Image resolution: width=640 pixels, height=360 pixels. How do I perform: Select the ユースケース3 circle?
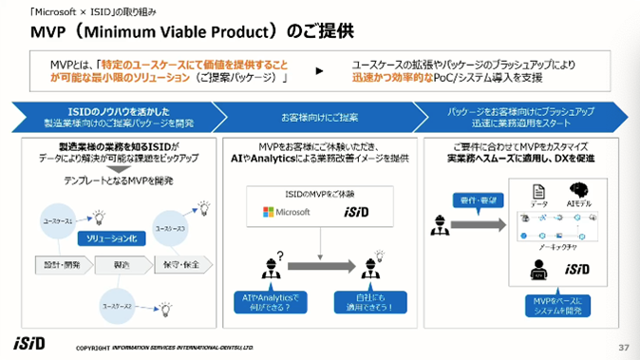(171, 229)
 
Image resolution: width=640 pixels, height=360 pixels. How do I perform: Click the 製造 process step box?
(120, 263)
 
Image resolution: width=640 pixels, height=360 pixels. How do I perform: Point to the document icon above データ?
(536, 189)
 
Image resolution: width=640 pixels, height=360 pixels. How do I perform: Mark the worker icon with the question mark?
(269, 269)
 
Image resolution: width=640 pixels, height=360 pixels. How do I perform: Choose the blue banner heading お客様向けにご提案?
(320, 117)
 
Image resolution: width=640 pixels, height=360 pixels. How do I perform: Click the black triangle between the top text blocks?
(318, 71)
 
